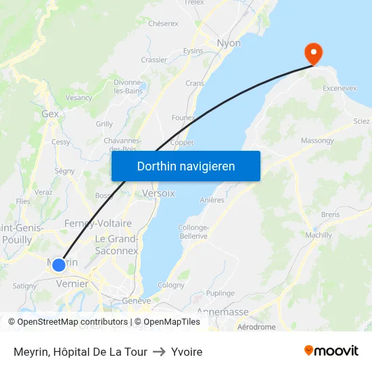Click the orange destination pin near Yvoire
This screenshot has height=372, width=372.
point(314,53)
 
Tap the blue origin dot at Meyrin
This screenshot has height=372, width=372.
point(59,264)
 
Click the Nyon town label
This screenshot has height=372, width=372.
point(229,43)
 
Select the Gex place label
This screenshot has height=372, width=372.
point(50,114)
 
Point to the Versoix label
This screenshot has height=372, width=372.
point(158,193)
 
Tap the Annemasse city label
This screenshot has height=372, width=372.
point(223,312)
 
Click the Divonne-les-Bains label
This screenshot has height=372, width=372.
point(127,87)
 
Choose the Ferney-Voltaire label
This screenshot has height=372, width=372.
point(98,223)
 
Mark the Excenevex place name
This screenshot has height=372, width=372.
point(340,89)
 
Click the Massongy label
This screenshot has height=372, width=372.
point(317,141)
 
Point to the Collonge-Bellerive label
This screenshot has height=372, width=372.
point(193,232)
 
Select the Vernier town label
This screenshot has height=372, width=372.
point(72,284)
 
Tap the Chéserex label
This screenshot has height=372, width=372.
point(163,23)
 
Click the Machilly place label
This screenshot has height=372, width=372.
point(319,235)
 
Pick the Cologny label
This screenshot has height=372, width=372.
point(170,285)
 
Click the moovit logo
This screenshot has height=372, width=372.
point(331,351)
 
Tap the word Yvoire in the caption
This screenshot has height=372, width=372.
point(187,352)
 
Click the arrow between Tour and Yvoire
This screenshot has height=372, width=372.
point(159,352)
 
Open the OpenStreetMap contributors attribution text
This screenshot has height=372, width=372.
point(73,322)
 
